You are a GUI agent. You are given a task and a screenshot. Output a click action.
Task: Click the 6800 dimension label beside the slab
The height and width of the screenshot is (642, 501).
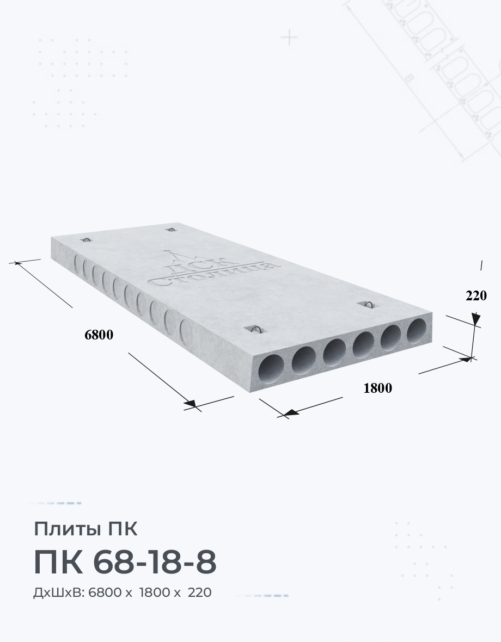99,335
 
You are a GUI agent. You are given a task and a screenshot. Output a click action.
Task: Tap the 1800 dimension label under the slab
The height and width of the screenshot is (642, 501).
378,388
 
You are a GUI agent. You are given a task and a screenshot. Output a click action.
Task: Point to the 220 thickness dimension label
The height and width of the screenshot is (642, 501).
476,295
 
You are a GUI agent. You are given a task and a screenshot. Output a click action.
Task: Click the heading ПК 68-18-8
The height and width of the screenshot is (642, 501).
125,563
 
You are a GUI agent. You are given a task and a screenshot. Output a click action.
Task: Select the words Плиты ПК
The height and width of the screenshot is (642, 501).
85,529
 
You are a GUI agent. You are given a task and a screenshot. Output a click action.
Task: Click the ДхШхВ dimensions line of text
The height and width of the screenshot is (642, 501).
123,592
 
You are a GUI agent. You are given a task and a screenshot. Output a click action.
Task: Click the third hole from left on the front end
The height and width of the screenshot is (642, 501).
334,351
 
